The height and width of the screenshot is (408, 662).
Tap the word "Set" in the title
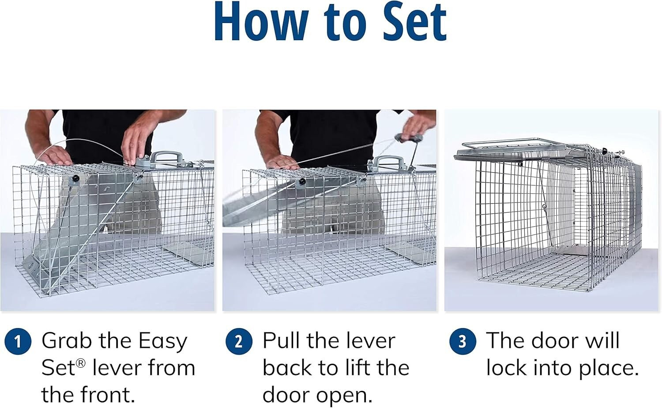pos(414,22)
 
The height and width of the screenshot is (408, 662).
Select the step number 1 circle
pos(18,342)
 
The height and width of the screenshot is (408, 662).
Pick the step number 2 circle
pos(239,342)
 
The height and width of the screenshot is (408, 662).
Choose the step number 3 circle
pos(463,342)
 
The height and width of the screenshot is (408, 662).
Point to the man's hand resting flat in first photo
pos(55,155)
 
